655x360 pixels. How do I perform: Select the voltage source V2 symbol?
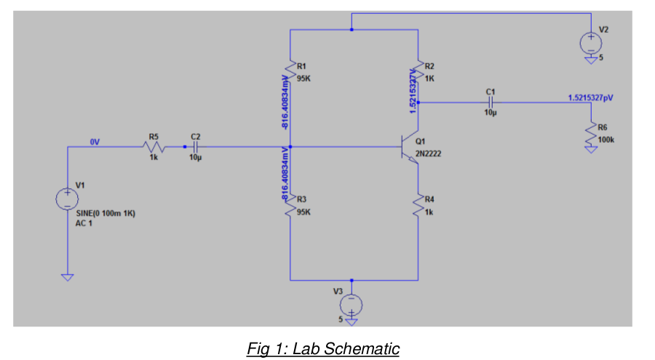[x=591, y=42]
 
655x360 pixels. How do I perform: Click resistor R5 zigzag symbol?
[x=153, y=147]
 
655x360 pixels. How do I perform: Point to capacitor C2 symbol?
[x=194, y=147]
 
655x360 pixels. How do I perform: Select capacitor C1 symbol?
[x=489, y=103]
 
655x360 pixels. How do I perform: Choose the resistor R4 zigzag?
[x=418, y=205]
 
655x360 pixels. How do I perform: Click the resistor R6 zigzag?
[x=591, y=135]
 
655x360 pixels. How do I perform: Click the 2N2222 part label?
[x=428, y=154]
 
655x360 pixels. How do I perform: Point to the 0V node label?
[x=94, y=141]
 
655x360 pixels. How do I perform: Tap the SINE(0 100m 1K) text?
[x=106, y=214]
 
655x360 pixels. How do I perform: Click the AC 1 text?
[x=86, y=223]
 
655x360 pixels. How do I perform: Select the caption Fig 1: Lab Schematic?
[x=322, y=348]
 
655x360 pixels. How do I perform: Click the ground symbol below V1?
[x=66, y=277]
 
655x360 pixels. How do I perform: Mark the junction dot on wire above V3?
[x=352, y=280]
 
